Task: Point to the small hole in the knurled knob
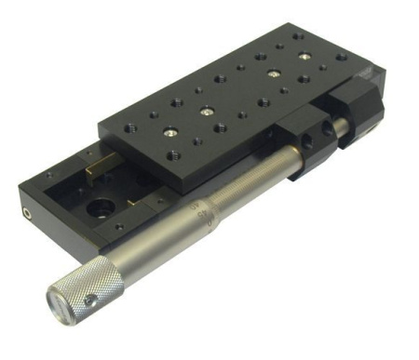[91, 300]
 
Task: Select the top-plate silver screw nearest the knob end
[171, 132]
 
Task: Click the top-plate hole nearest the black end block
[341, 57]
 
